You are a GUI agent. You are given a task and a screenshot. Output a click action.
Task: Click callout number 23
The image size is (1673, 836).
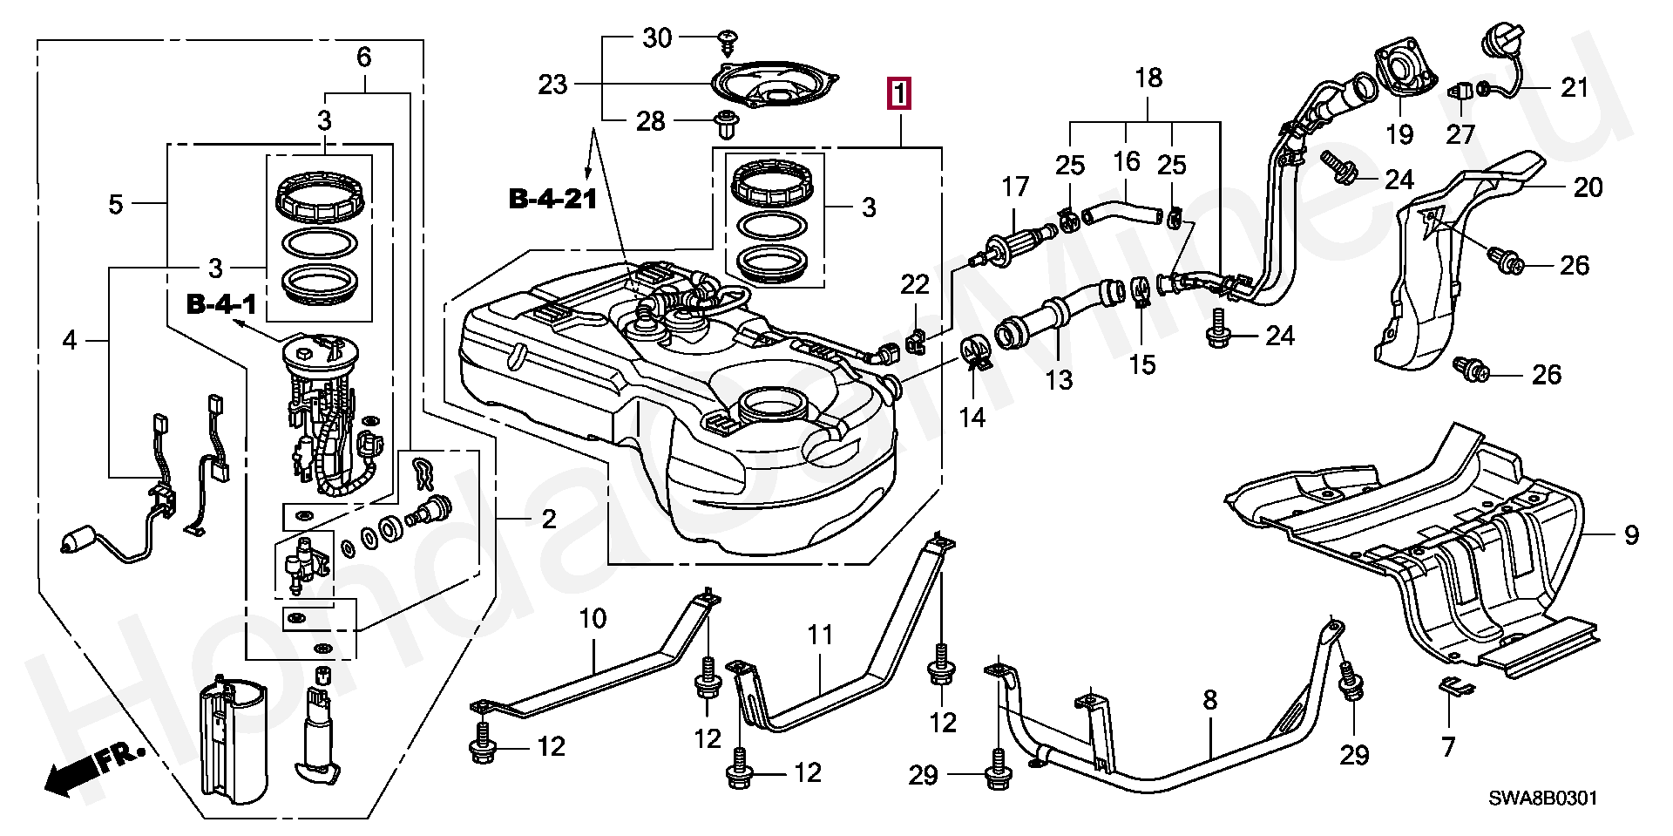tap(552, 85)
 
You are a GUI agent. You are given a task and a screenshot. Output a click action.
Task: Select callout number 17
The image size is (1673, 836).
tap(1015, 187)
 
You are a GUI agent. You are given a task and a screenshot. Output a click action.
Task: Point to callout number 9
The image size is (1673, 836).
tap(1631, 534)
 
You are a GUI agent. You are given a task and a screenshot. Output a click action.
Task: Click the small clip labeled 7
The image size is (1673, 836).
tap(1455, 689)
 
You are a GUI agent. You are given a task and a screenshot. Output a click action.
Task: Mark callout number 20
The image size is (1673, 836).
tap(1588, 187)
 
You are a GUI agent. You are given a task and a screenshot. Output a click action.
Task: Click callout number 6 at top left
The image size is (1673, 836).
tap(363, 58)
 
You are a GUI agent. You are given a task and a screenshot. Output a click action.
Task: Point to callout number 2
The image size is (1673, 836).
tap(548, 520)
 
